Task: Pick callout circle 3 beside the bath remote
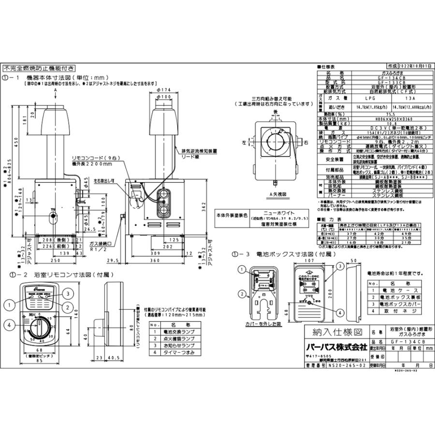pyautogui.click(x=69, y=293)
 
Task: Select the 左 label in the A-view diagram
pyautogui.click(x=245, y=143)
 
